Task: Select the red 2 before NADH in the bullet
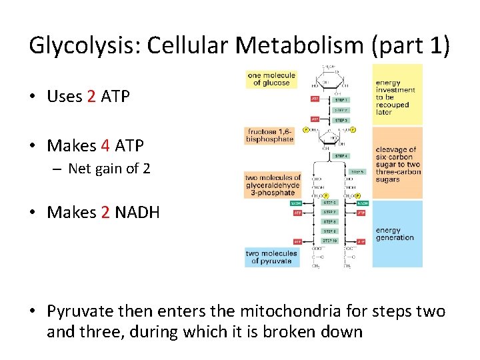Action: (105, 212)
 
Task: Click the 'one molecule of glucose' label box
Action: (271, 79)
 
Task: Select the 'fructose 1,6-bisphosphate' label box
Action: (269, 135)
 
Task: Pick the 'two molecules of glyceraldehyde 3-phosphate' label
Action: (273, 185)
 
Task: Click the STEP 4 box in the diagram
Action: (340, 155)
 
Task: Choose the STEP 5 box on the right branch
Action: (357, 171)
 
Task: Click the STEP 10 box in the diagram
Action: (330, 241)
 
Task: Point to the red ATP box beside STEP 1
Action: (315, 99)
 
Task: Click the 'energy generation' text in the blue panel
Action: (395, 234)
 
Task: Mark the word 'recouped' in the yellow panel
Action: (393, 105)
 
